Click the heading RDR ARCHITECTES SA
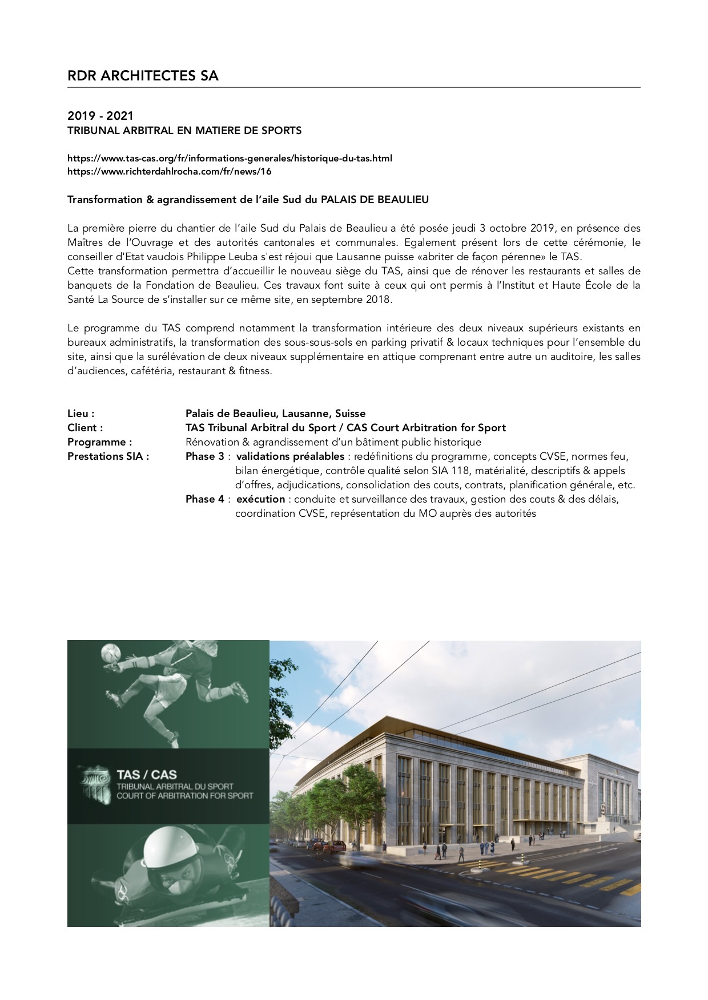click(143, 76)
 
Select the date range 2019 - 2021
click(100, 117)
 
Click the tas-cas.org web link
click(230, 158)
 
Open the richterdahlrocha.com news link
click(169, 171)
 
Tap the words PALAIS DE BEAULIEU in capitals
click(375, 200)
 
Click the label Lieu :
click(81, 414)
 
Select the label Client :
click(85, 428)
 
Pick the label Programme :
click(99, 442)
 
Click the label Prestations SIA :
click(108, 456)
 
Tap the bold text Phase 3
click(204, 456)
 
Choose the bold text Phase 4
click(204, 499)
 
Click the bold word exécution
click(260, 499)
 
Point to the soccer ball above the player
click(110, 652)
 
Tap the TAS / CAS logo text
click(146, 774)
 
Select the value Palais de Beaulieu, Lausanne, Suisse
click(275, 414)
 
